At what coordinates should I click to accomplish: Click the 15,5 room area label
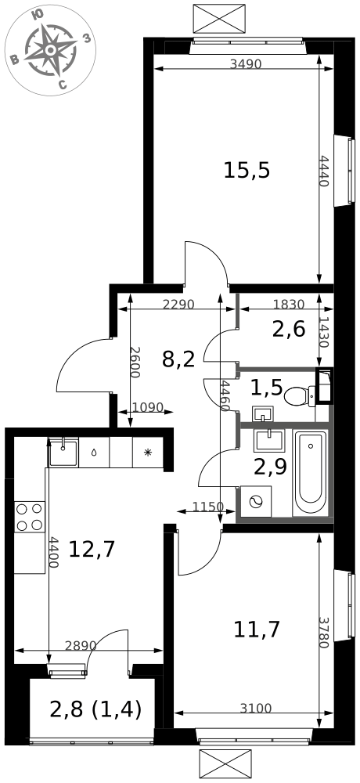click(247, 171)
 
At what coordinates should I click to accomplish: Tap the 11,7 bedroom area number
click(257, 630)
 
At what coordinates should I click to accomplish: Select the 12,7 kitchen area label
click(92, 550)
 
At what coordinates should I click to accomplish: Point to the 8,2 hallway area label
click(178, 359)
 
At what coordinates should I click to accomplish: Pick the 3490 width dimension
click(247, 64)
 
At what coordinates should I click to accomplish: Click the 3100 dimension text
click(256, 708)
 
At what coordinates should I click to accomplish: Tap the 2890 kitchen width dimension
click(81, 645)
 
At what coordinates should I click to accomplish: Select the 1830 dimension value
click(289, 304)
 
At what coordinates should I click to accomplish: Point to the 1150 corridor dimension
click(208, 507)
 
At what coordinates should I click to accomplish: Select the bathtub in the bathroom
click(310, 472)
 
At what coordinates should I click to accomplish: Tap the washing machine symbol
click(256, 501)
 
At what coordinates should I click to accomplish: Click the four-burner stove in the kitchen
click(30, 517)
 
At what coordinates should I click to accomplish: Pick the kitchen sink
click(64, 452)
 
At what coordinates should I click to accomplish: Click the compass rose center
click(50, 50)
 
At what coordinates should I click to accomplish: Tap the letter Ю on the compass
click(37, 16)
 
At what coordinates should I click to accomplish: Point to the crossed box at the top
click(219, 19)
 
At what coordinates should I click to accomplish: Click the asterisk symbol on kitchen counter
click(148, 453)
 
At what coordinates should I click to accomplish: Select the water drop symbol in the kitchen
click(95, 453)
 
